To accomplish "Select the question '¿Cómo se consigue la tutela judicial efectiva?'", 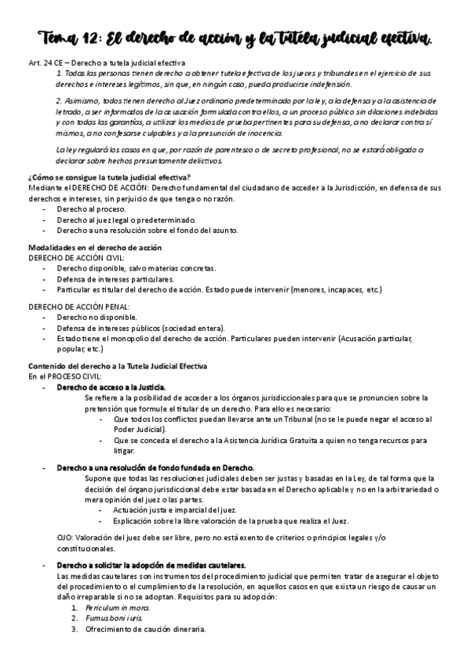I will click(x=108, y=177).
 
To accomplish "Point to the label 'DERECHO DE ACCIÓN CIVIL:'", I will click(x=76, y=257).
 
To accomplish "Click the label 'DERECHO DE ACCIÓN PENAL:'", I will click(x=79, y=307).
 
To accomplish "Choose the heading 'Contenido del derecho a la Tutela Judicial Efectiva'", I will click(x=118, y=366).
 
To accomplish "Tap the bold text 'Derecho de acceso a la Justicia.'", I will click(x=111, y=387).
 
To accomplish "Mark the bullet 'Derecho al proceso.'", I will click(x=90, y=209).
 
